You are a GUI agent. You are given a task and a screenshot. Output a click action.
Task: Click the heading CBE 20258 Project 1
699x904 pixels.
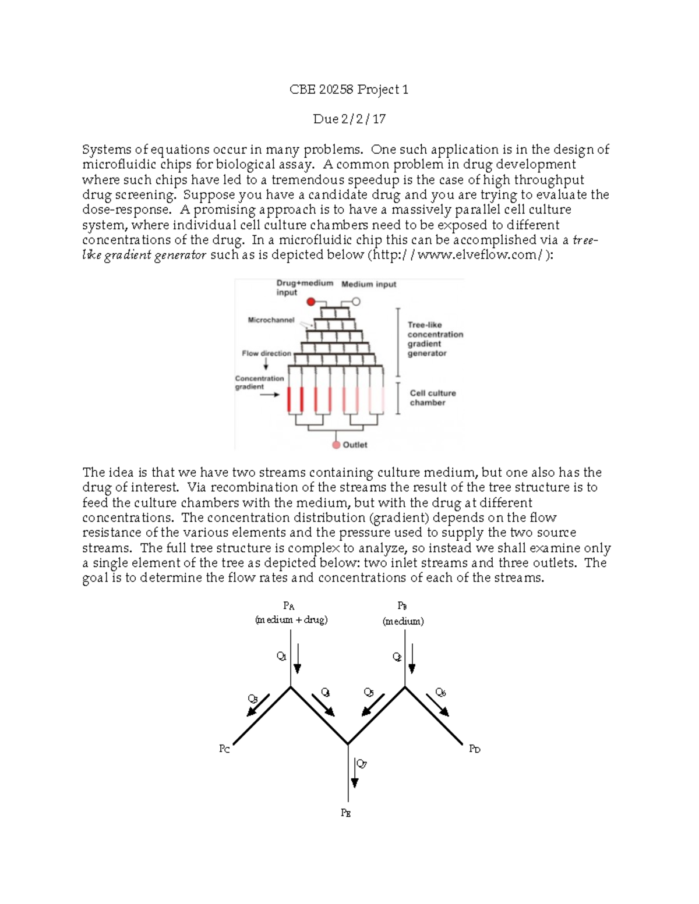coord(349,90)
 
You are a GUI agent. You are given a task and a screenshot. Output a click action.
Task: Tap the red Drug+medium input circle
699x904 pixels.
coord(311,302)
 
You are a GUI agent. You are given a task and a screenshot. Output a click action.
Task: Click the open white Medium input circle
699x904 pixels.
coord(356,302)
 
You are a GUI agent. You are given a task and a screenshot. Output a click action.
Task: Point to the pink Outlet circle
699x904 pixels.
coord(336,445)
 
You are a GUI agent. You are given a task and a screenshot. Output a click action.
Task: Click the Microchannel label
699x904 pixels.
coord(271,320)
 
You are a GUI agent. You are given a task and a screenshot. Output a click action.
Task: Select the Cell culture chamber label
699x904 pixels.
coord(432,398)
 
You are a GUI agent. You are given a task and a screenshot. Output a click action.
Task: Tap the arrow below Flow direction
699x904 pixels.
coord(266,364)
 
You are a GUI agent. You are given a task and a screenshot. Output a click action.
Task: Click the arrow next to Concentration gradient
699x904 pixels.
coord(269,395)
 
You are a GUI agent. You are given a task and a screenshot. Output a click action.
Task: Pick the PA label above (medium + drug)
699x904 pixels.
coord(288,606)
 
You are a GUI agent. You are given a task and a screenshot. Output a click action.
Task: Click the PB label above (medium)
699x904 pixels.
coord(402,606)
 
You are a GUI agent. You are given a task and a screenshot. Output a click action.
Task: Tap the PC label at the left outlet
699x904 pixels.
coord(224,749)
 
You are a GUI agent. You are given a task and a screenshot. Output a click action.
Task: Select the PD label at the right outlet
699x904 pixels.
coord(475,749)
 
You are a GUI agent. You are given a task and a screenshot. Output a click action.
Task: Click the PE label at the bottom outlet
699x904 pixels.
coord(346,813)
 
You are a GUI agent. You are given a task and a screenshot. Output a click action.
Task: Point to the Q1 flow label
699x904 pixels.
coord(281,657)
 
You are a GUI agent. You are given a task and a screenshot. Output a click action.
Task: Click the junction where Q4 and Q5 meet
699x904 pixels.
coord(348,744)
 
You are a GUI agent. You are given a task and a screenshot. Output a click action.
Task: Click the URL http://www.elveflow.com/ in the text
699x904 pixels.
coord(458,255)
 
